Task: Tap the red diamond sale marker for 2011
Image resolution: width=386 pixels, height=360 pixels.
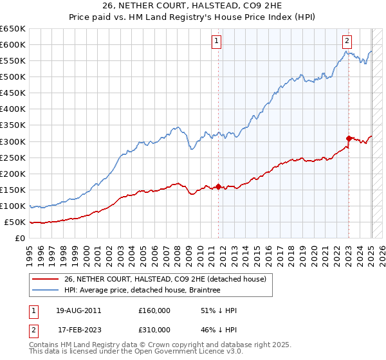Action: point(218,186)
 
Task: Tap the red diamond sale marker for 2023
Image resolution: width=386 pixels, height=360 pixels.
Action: point(349,138)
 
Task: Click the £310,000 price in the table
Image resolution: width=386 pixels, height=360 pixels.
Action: point(154,329)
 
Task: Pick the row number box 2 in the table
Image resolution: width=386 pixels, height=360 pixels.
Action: point(33,329)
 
